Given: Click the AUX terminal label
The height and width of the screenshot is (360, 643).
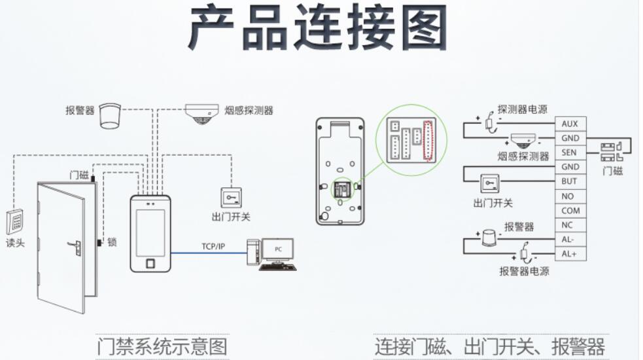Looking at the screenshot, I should pyautogui.click(x=569, y=124).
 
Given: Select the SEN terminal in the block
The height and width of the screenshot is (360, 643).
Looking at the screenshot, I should pyautogui.click(x=569, y=153).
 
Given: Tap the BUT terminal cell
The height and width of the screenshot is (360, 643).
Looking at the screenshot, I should pyautogui.click(x=569, y=181).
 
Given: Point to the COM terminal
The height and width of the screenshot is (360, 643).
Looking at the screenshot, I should pyautogui.click(x=570, y=211).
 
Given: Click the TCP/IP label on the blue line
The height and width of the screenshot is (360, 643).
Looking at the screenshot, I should pyautogui.click(x=213, y=247).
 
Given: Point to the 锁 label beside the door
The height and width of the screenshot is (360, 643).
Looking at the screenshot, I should pyautogui.click(x=112, y=242).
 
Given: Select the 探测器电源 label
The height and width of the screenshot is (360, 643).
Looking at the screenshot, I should pyautogui.click(x=522, y=109).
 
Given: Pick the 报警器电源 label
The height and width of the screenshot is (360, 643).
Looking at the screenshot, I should pyautogui.click(x=524, y=271).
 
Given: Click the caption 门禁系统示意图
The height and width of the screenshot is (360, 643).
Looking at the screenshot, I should pyautogui.click(x=162, y=346).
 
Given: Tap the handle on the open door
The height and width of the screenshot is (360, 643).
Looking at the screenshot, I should pyautogui.click(x=76, y=248).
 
